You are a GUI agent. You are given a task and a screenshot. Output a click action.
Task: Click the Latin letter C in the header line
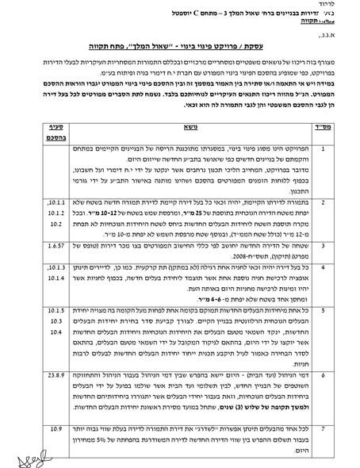pos(243,15)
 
